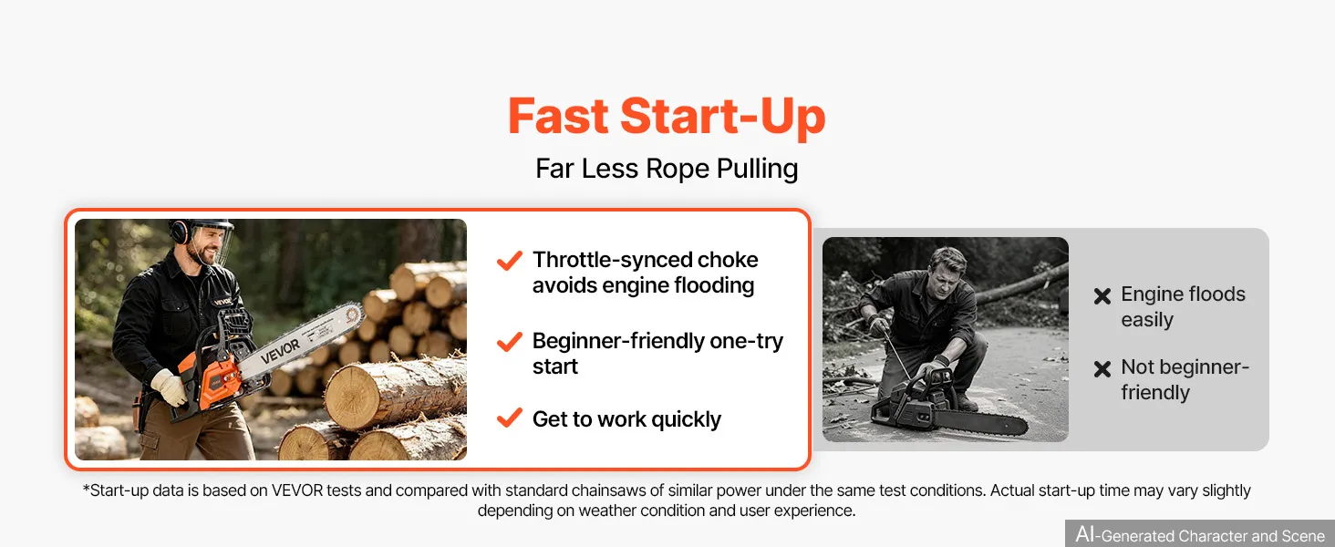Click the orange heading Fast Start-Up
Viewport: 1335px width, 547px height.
click(667, 116)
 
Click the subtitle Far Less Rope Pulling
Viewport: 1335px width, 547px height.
click(667, 169)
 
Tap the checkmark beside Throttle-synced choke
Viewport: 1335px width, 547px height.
click(510, 261)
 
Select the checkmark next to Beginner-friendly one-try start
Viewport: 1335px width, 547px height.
click(510, 342)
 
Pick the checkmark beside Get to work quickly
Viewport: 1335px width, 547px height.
click(510, 418)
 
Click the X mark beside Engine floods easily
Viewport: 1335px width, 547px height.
click(1102, 295)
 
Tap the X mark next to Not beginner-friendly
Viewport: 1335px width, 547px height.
click(1102, 369)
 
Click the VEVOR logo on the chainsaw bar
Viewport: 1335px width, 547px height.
click(280, 352)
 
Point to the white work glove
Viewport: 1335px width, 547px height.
click(170, 387)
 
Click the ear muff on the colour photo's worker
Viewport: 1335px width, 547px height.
click(179, 232)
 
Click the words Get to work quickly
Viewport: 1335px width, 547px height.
click(626, 418)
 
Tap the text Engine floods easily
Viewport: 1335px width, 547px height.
click(1183, 307)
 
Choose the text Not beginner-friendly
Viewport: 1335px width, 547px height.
click(1185, 379)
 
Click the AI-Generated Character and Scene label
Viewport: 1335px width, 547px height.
click(1200, 534)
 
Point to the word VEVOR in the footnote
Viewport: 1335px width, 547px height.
click(297, 490)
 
